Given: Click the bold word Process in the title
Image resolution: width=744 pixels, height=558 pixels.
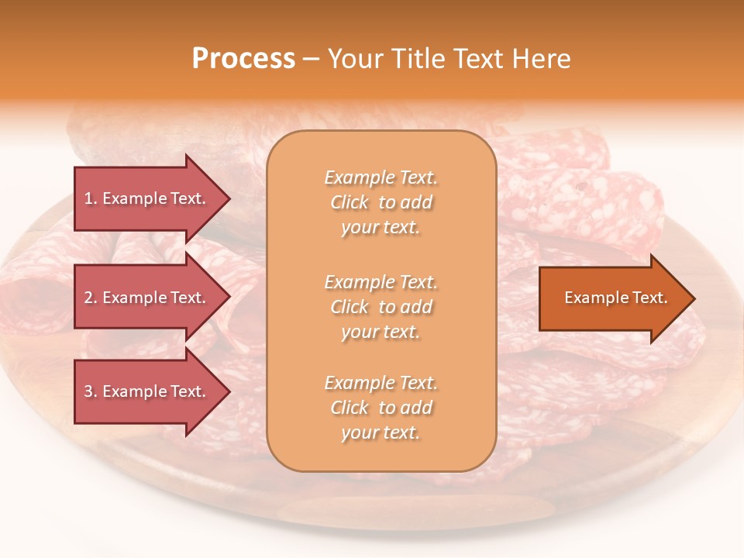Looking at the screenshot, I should pos(243,59).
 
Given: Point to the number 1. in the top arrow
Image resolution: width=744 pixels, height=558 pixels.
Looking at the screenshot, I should pos(91,198).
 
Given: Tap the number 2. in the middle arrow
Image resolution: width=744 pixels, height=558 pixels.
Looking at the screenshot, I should pos(91,298).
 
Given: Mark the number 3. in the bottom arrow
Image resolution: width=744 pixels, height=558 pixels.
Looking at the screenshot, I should pos(91,391).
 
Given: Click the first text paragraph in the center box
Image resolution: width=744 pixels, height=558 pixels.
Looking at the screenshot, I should pos(381,202).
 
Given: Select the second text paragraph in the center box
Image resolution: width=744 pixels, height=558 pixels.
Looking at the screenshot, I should pos(381,307).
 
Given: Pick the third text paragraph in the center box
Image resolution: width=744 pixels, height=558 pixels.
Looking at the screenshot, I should pos(381,408).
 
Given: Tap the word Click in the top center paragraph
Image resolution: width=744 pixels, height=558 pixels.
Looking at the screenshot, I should pos(350,202).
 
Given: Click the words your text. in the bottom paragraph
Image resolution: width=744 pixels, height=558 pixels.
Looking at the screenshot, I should pos(381,432).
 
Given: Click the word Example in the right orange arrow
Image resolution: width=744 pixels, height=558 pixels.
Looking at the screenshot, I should pos(591,298).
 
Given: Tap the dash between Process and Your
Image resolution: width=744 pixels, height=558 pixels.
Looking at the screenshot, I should pos(311,60).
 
